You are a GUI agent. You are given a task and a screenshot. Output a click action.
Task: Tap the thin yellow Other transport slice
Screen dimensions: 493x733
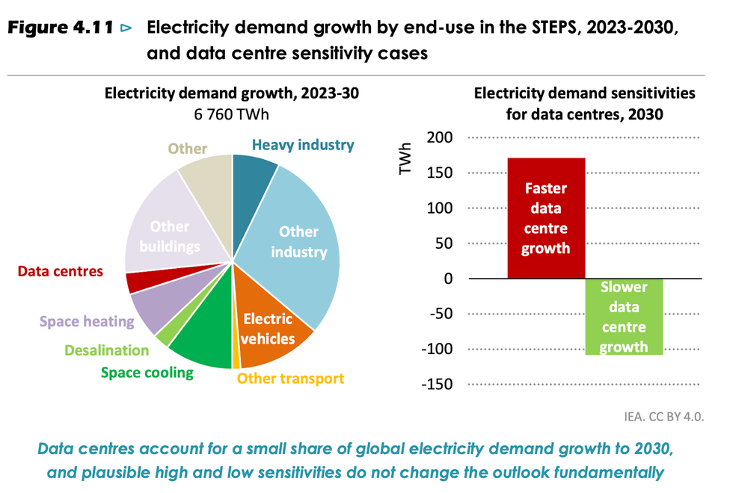(236, 363)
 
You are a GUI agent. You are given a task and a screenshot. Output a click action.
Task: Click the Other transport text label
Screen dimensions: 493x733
(290, 378)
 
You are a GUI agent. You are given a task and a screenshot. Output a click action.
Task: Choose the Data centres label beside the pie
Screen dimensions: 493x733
(60, 271)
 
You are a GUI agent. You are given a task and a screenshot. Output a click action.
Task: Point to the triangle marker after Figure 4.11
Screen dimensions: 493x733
(126, 28)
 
